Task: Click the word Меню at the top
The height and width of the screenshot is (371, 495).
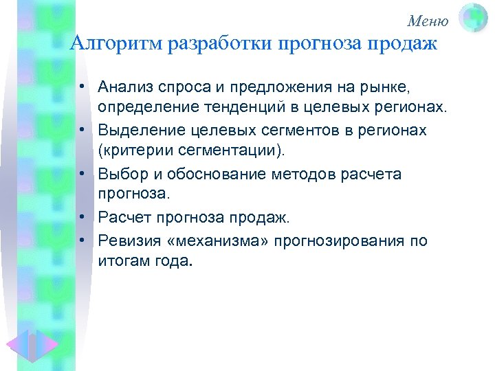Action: tap(428, 21)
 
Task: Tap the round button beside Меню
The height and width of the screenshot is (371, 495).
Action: tap(473, 19)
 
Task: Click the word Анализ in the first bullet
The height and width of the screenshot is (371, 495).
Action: tap(126, 87)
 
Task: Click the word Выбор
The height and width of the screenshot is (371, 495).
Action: tap(122, 174)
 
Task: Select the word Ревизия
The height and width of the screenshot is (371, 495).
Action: tap(129, 240)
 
